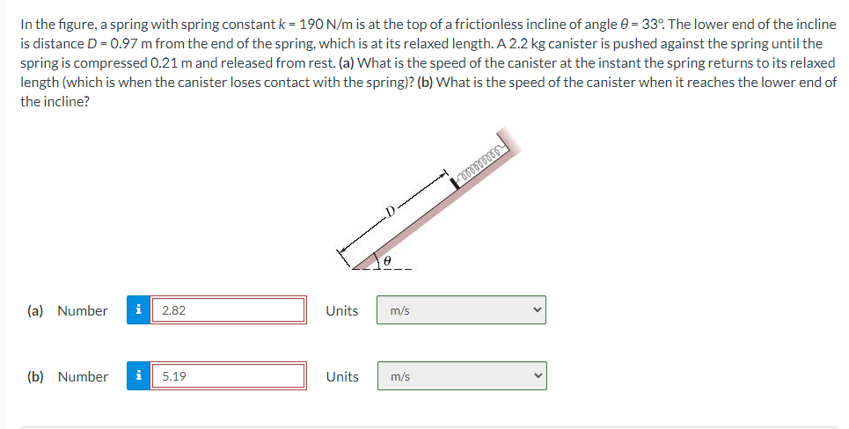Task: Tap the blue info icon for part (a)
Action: pyautogui.click(x=138, y=310)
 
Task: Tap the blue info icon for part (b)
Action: pyautogui.click(x=138, y=376)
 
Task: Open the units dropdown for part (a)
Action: pyautogui.click(x=461, y=310)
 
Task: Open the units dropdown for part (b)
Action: pyautogui.click(x=461, y=376)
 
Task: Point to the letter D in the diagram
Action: pyautogui.click(x=388, y=211)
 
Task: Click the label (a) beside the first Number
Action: pyautogui.click(x=36, y=310)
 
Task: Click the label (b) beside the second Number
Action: pyautogui.click(x=36, y=376)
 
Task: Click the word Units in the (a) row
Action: pyautogui.click(x=342, y=310)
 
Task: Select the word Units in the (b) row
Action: pyautogui.click(x=342, y=376)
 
